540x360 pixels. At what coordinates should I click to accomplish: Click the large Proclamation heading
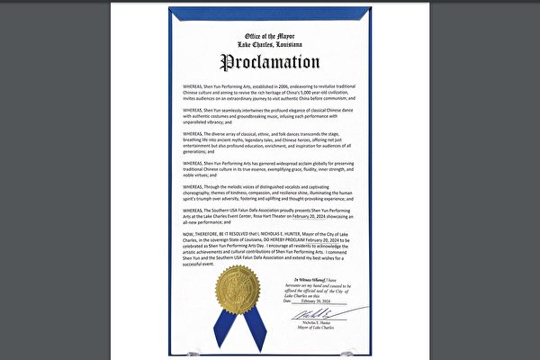click(271, 64)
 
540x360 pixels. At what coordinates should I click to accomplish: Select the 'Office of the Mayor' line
click(270, 34)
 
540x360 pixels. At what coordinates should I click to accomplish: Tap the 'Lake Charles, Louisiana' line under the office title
click(270, 43)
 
